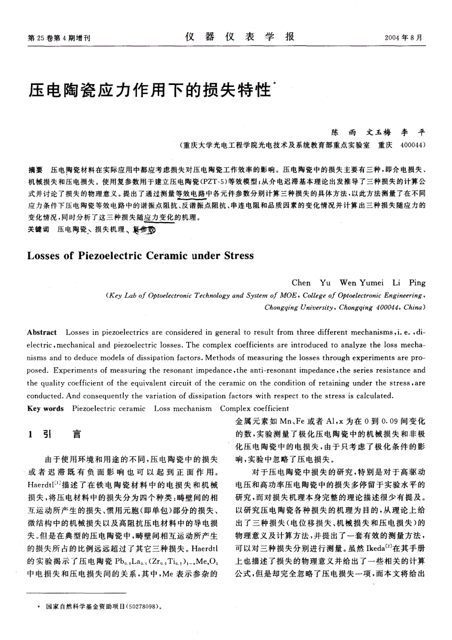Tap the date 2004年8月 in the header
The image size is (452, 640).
[x=404, y=38]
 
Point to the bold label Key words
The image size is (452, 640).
[x=46, y=409]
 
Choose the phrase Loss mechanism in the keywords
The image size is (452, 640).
[x=183, y=409]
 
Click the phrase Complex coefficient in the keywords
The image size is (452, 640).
[x=254, y=409]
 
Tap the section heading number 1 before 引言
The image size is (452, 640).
[x=30, y=434]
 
